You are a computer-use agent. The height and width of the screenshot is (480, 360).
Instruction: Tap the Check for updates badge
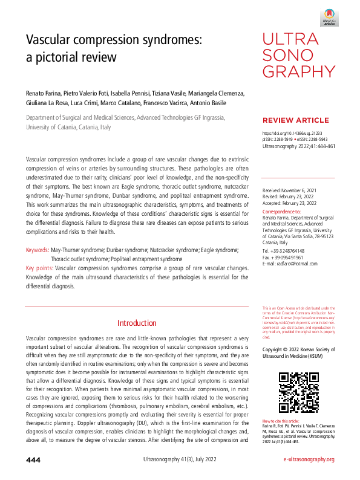click(329, 15)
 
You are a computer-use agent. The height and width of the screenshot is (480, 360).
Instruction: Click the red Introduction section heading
click(137, 323)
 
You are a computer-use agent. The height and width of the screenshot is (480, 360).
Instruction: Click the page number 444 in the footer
click(33, 460)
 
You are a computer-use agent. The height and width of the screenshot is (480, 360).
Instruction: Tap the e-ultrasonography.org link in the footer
click(309, 460)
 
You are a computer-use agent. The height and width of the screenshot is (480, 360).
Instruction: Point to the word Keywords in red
click(37, 250)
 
